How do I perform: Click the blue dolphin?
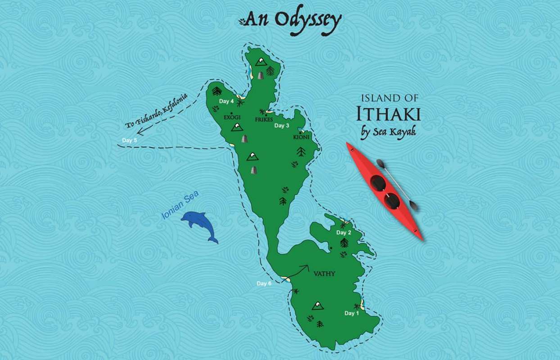point(199,225)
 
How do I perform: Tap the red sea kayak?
point(385,191)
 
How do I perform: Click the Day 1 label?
point(352,313)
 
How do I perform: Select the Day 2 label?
point(344,233)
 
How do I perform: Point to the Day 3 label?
point(282,126)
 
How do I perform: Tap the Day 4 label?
point(226,101)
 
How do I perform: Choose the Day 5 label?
point(130,141)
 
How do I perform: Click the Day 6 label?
point(264,283)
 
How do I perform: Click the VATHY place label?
point(325,274)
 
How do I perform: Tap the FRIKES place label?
point(264,120)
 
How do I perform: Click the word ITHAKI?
point(388,114)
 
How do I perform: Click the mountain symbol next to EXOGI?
point(237,128)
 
